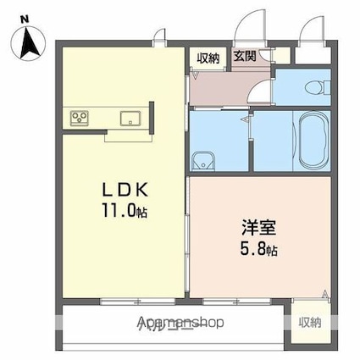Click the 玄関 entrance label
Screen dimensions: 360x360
click(x=245, y=57)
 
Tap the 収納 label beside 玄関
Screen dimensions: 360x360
click(x=209, y=58)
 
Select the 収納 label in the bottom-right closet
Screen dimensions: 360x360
click(x=309, y=322)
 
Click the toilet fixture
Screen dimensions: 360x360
click(x=315, y=85)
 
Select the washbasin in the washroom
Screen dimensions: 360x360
click(x=203, y=160)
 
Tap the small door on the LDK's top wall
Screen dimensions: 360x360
click(x=158, y=36)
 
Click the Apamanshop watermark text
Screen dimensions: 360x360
click(x=182, y=323)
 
